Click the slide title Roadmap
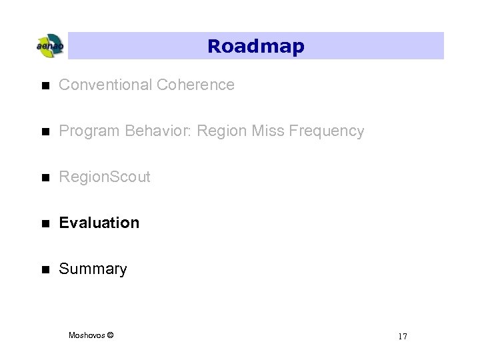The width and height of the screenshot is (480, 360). point(255,46)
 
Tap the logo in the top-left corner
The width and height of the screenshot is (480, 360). point(49,46)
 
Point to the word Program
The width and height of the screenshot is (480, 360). point(85,131)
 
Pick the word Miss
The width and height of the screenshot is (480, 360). point(268,131)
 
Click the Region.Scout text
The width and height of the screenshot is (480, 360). point(105,177)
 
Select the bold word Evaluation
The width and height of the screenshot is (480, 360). point(99,223)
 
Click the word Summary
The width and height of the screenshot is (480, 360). point(93,269)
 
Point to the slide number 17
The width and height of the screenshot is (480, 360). point(402,336)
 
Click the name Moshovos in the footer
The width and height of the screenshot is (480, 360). point(87,335)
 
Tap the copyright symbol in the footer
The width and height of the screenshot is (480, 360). point(110,335)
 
